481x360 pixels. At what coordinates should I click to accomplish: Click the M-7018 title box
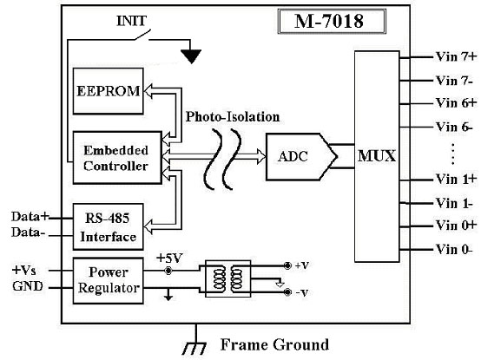pyautogui.click(x=332, y=21)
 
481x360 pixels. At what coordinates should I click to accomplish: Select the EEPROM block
pyautogui.click(x=108, y=91)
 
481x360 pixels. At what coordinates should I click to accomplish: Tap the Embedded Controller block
pyautogui.click(x=117, y=158)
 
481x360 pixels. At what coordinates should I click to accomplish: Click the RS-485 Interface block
pyautogui.click(x=108, y=226)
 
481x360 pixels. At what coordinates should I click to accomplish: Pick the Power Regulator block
pyautogui.click(x=108, y=281)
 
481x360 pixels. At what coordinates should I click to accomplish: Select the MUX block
pyautogui.click(x=377, y=156)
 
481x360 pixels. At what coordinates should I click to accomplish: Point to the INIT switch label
pyautogui.click(x=131, y=21)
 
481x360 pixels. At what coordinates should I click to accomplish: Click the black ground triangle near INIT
pyautogui.click(x=191, y=56)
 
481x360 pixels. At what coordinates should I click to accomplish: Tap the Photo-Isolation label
pyautogui.click(x=233, y=117)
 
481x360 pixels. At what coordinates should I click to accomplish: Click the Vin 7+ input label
pyautogui.click(x=457, y=56)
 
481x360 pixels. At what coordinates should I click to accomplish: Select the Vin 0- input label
pyautogui.click(x=454, y=249)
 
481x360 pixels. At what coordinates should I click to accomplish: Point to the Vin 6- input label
pyautogui.click(x=454, y=127)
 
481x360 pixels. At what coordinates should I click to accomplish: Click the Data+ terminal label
pyautogui.click(x=30, y=216)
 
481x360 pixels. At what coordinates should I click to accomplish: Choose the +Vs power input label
pyautogui.click(x=24, y=271)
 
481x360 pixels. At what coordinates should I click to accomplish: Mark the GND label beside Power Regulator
pyautogui.click(x=28, y=286)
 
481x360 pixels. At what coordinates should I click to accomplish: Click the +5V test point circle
pyautogui.click(x=168, y=271)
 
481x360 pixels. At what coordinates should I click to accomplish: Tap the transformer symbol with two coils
pyautogui.click(x=228, y=278)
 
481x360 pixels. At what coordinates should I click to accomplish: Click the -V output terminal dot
pyautogui.click(x=287, y=292)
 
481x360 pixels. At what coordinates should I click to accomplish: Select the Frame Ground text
pyautogui.click(x=275, y=344)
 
